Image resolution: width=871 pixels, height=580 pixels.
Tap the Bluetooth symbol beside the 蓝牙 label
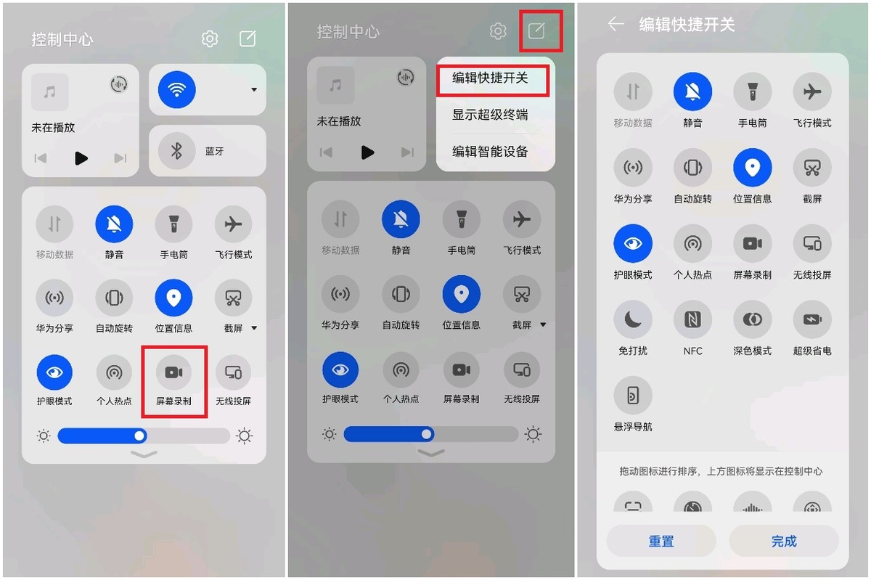pos(176,151)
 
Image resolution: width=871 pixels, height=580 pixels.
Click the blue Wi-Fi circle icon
pos(176,89)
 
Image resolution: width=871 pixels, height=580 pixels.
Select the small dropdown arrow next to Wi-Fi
pos(254,90)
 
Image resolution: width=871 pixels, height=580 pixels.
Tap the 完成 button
pos(784,542)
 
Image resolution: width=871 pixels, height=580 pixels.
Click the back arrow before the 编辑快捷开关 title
pos(616,25)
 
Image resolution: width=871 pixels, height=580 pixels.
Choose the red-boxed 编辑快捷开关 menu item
pos(491,78)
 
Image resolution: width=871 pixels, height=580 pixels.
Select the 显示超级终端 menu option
pos(490,115)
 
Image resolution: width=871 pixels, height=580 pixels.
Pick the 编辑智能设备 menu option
pos(490,152)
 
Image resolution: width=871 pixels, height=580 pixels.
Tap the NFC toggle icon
pos(692,319)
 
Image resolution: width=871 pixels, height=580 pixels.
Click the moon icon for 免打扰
pos(633,319)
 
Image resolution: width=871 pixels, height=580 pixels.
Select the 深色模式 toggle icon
pos(752,319)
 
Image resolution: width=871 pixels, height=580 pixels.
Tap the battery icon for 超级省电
pos(811,319)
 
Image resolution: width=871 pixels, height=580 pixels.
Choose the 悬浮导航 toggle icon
pos(633,396)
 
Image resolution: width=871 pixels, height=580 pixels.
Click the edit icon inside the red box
pos(536,30)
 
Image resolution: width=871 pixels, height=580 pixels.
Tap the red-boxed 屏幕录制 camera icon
pos(173,372)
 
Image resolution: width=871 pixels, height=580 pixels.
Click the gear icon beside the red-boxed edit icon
pos(498,31)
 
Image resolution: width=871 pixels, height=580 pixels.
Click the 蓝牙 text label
pos(215,152)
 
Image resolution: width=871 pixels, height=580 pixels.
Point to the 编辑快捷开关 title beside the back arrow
pos(687,25)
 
